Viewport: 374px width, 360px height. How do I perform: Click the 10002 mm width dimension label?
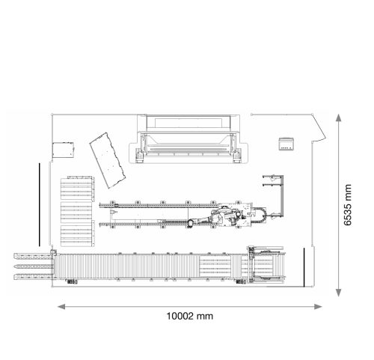pyautogui.click(x=190, y=316)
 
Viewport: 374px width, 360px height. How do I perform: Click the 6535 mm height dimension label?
pyautogui.click(x=348, y=205)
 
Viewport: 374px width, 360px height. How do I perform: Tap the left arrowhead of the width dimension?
pyautogui.click(x=61, y=307)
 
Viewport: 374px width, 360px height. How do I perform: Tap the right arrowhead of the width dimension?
pyautogui.click(x=318, y=307)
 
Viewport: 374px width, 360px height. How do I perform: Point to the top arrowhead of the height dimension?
pyautogui.click(x=338, y=118)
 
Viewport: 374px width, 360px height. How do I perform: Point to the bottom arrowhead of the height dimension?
pyautogui.click(x=338, y=293)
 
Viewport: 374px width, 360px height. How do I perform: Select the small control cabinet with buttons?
pyautogui.click(x=286, y=144)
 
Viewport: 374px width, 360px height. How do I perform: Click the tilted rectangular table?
pyautogui.click(x=108, y=160)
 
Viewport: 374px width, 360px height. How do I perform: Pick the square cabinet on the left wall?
pyautogui.click(x=63, y=150)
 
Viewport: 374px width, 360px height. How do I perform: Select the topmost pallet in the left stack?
pyautogui.click(x=78, y=189)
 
